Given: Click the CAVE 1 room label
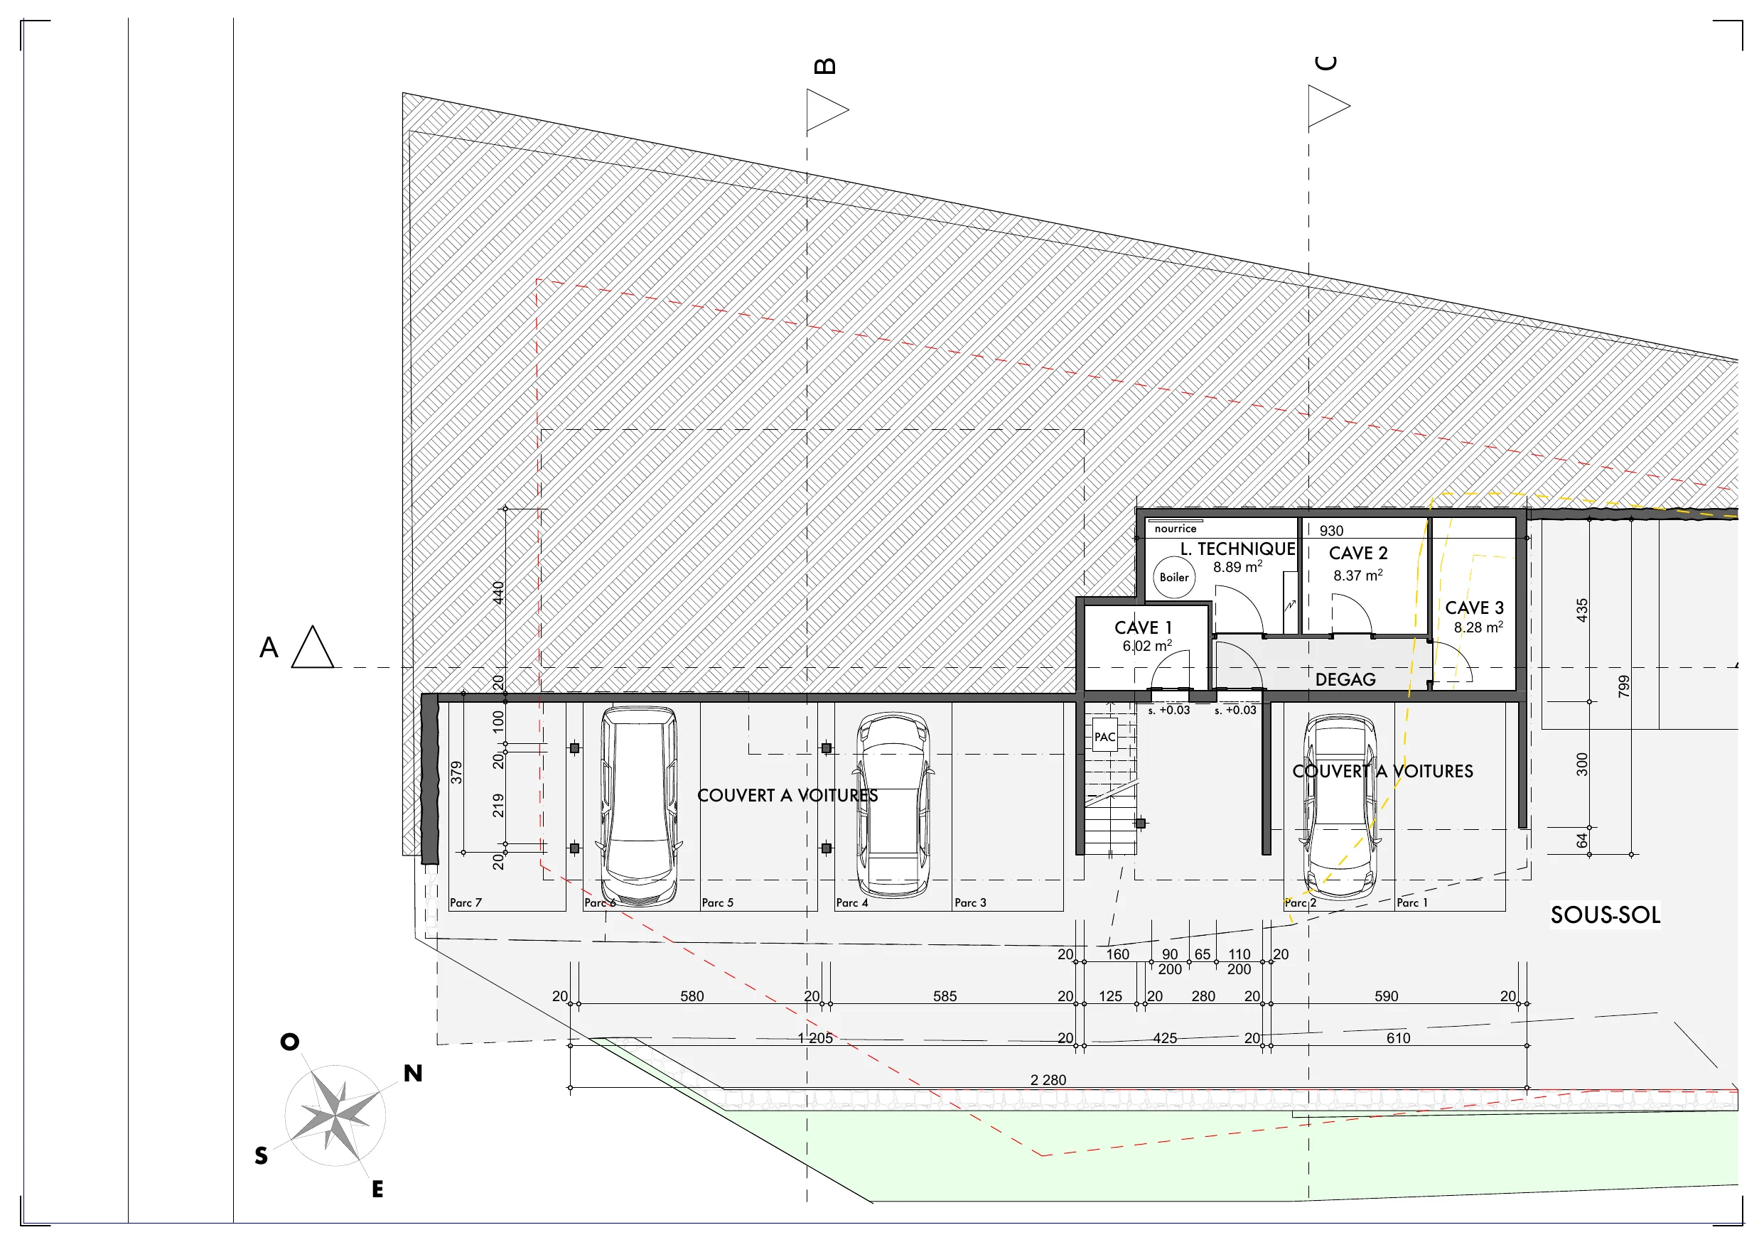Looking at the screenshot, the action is coord(1144,627).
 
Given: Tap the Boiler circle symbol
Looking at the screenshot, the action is coord(1174,577).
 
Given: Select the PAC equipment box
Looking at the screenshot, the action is coord(1104,737).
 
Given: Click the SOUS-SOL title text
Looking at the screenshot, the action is coord(1605,915).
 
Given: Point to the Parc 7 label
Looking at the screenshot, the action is coord(466,903).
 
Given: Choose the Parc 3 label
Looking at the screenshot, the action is coord(970,903).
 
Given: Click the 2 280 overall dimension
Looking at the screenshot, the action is coord(1048,1079).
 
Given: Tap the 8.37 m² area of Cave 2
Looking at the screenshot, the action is coord(1357,576).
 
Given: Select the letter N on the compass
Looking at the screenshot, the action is coord(413,1074).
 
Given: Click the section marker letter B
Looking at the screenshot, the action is coord(824,66).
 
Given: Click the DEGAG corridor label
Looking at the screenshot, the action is coord(1345,679).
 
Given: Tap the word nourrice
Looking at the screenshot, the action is coord(1176,529).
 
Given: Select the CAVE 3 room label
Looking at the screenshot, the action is coord(1474,608).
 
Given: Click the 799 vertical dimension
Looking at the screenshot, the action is coord(1623,686).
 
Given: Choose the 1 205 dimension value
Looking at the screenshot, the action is coord(815,1038).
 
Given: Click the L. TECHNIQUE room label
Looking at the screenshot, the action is coord(1239,549).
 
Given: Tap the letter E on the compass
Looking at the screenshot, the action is coord(377,1189).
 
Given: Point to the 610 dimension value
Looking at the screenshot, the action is coord(1398,1038).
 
